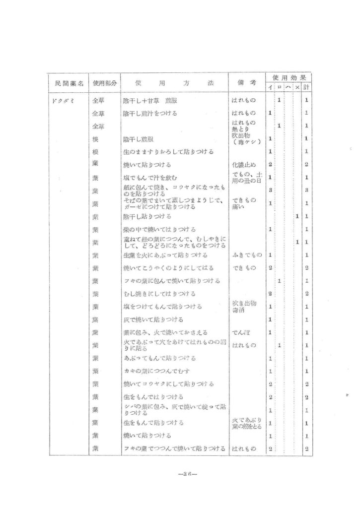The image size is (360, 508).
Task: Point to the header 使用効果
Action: pos(288,77)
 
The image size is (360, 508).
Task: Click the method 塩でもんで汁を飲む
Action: pos(150,177)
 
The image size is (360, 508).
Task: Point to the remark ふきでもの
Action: pos(243,254)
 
